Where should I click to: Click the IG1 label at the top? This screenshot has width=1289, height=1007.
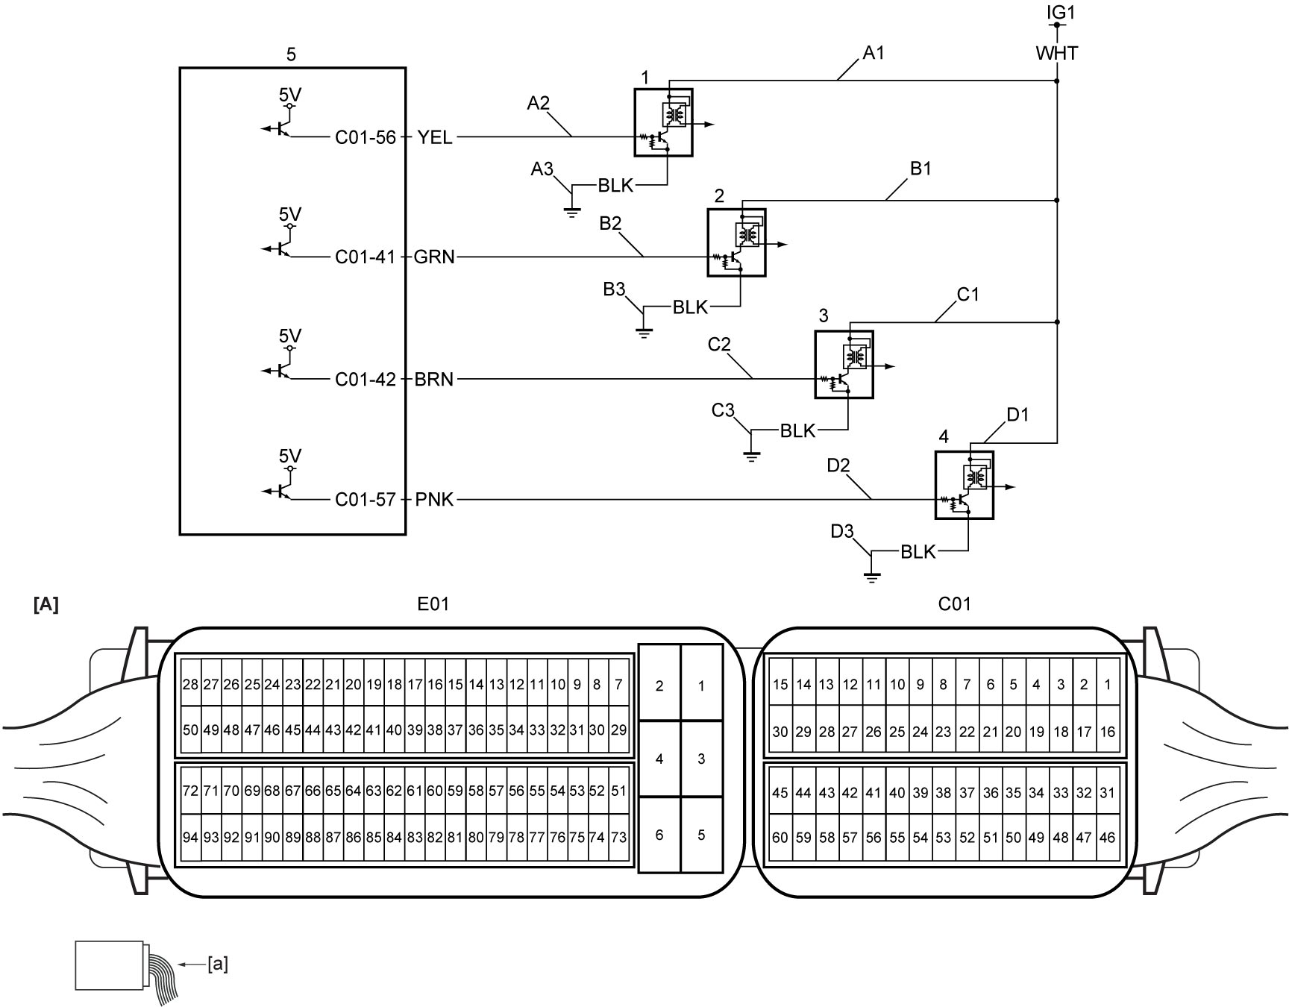pos(1057,13)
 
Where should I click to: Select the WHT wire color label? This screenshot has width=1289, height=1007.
pos(1057,53)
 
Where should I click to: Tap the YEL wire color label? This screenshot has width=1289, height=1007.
pos(435,137)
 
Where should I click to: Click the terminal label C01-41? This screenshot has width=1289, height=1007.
pos(366,257)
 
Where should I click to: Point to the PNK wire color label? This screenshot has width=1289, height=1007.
pos(434,500)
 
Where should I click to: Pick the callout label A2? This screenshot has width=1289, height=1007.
pos(538,103)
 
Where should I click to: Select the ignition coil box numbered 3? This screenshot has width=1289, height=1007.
pos(844,365)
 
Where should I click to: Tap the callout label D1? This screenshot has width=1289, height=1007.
pos(1017,415)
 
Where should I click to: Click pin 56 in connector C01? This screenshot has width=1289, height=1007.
pos(874,838)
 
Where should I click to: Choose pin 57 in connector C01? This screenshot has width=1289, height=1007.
pos(850,838)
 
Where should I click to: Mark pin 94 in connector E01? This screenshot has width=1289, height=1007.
pos(191,838)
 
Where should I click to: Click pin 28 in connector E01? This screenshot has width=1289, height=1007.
pos(191,683)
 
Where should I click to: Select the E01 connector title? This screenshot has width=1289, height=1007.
pos(433,603)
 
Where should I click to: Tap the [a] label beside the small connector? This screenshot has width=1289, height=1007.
pos(219,964)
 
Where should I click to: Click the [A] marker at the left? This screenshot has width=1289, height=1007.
pos(46,605)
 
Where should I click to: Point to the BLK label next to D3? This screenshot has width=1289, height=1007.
pos(918,551)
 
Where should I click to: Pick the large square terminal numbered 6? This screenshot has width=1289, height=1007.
pos(659,835)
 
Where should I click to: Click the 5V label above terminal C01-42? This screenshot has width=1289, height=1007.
pos(290,336)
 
